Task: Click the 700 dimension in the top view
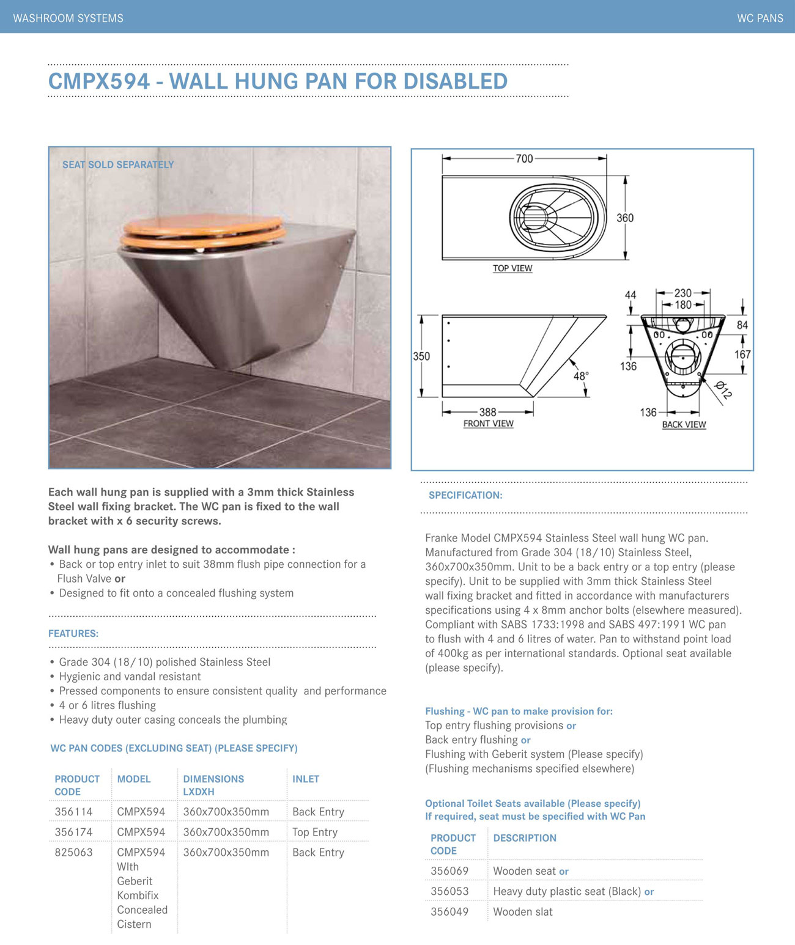click(x=524, y=159)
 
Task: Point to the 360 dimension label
click(x=624, y=218)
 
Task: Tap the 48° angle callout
click(x=580, y=376)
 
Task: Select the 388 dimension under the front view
click(x=487, y=412)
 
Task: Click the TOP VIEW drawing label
click(x=512, y=268)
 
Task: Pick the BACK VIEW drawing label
click(x=684, y=425)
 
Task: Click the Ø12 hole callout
click(x=723, y=390)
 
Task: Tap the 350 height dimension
click(x=421, y=356)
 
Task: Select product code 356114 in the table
click(x=73, y=812)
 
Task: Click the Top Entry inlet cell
click(x=314, y=832)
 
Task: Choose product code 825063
click(x=73, y=852)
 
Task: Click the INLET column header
click(x=306, y=779)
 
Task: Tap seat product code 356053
click(x=449, y=891)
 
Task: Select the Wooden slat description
click(x=522, y=911)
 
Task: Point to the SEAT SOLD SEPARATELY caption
click(x=118, y=164)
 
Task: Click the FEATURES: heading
click(x=73, y=634)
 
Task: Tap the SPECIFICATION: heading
click(x=465, y=495)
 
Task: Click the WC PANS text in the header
click(x=760, y=18)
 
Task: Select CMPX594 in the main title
click(x=99, y=81)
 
